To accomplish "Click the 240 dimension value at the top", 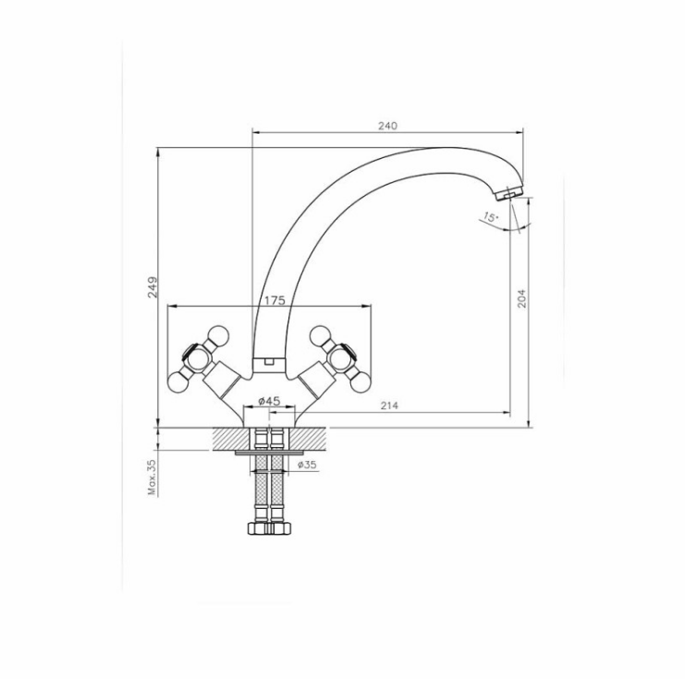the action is [x=387, y=126].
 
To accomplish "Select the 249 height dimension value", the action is [x=153, y=287].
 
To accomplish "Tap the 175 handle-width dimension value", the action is [x=275, y=300].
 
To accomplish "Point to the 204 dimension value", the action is [x=521, y=298].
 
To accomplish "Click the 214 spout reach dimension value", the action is [x=389, y=406].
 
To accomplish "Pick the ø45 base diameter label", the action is [x=269, y=400].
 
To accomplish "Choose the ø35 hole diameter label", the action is [x=307, y=465].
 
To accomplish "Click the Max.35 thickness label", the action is [x=152, y=478].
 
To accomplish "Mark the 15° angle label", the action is [x=491, y=216].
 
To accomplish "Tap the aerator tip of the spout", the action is [x=510, y=193].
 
